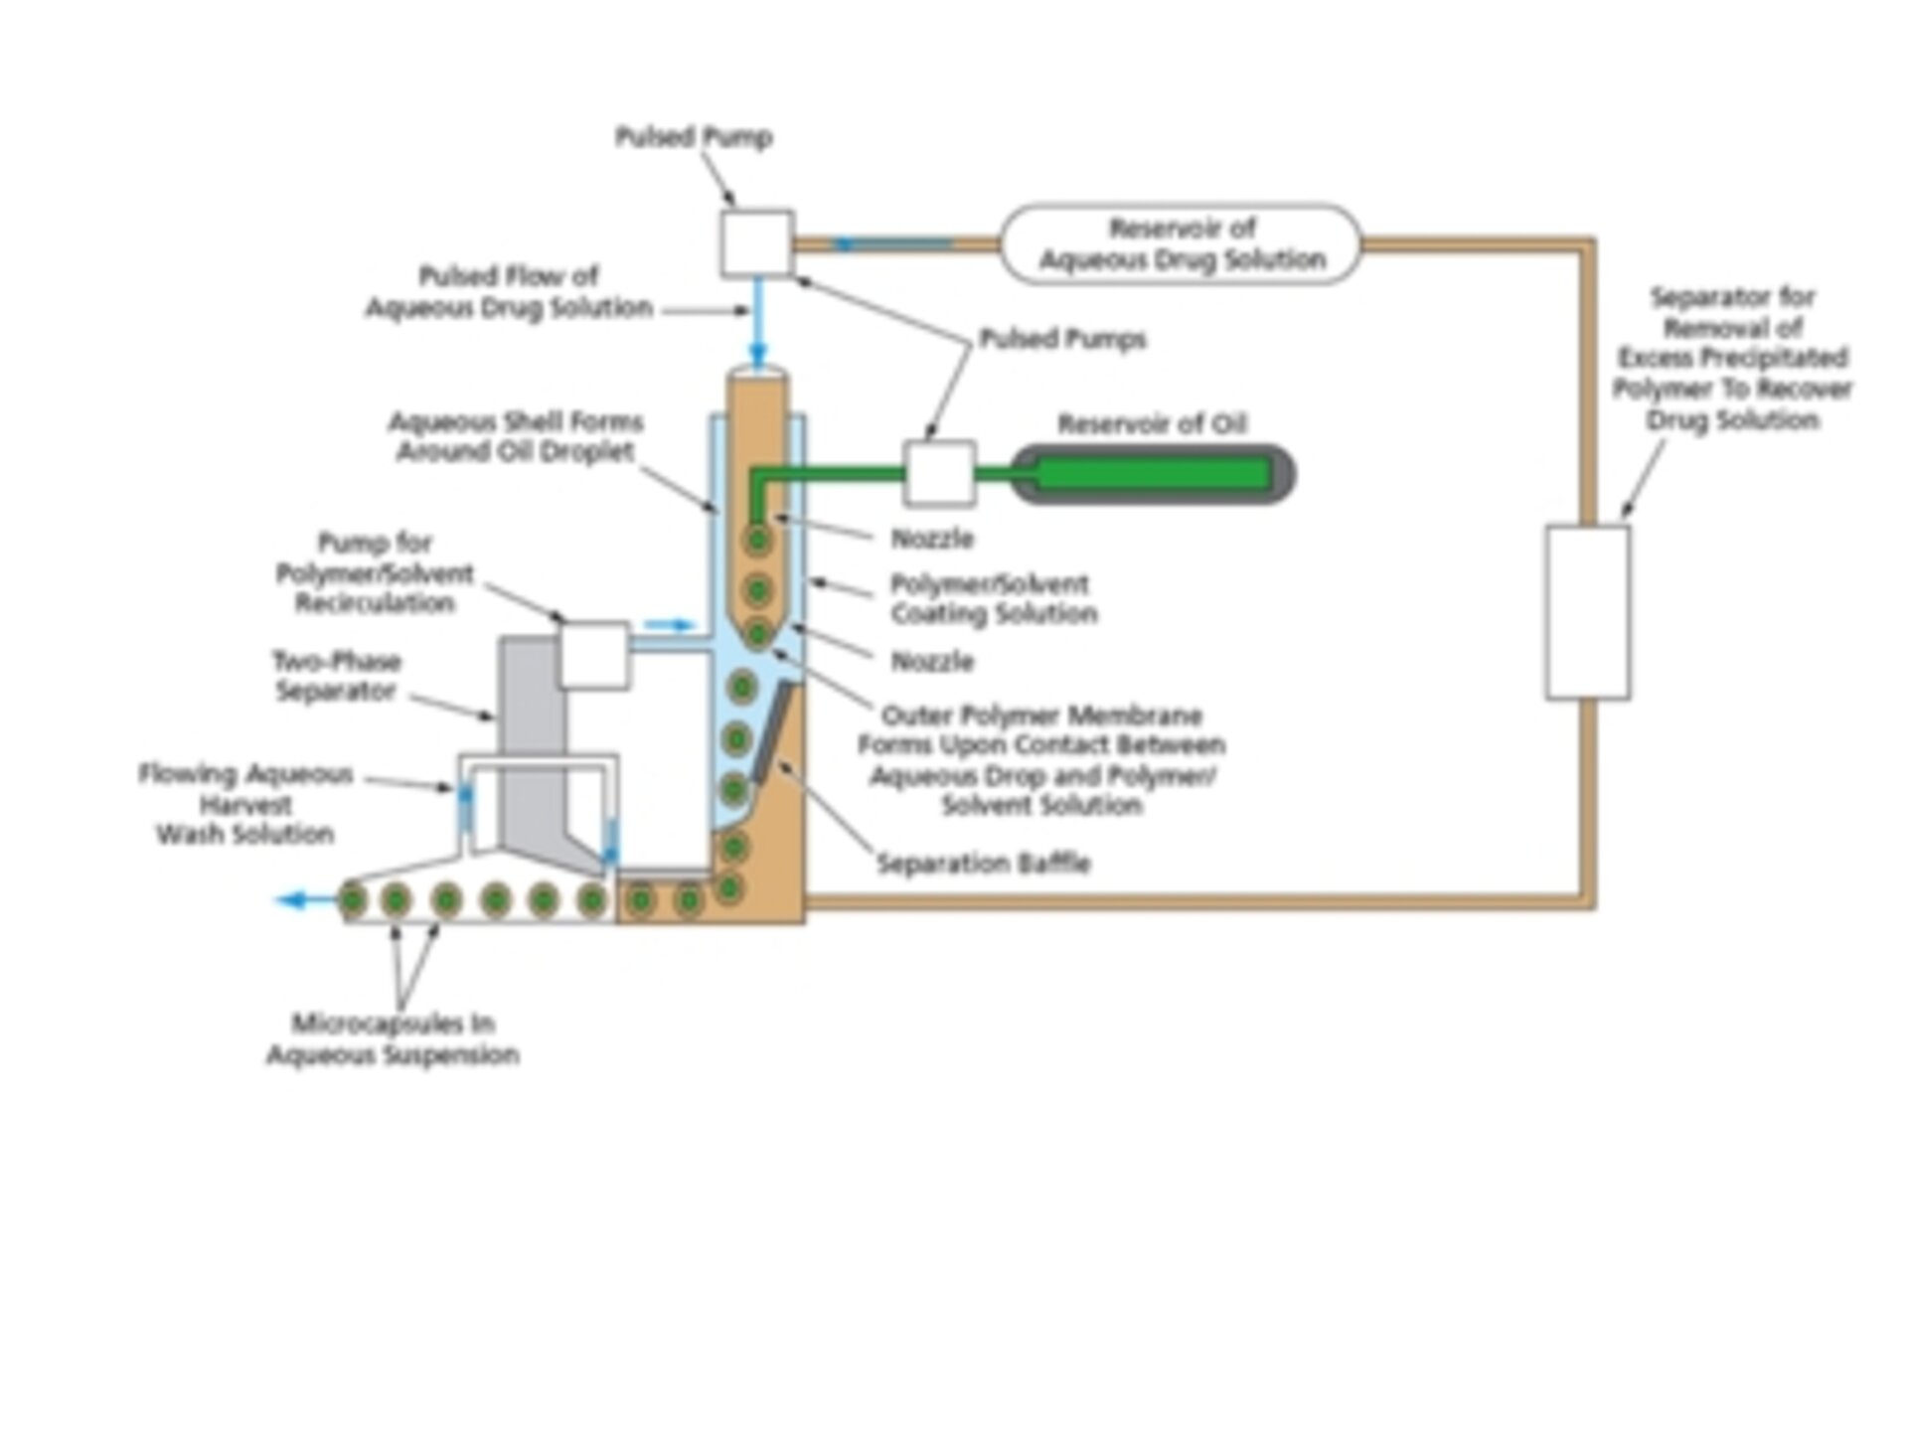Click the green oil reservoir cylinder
[1153, 475]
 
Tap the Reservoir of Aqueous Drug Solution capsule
[1181, 244]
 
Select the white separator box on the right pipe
[1587, 612]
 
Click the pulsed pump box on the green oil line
[939, 474]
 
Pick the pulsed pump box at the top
[756, 242]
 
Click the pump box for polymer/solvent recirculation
[593, 655]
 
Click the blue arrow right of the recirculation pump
[668, 625]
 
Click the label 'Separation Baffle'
[983, 863]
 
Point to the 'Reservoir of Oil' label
[1151, 424]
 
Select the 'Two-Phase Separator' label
[337, 676]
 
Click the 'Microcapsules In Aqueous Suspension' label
[394, 1038]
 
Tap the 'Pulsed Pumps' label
[1062, 339]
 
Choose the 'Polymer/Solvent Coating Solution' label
[993, 598]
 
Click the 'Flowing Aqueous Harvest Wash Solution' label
[245, 803]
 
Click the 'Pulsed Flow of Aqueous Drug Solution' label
[509, 291]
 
